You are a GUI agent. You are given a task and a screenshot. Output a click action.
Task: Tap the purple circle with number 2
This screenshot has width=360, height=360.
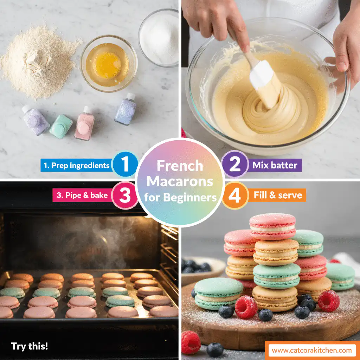[235, 164]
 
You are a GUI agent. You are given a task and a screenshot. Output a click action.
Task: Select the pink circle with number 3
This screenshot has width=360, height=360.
[125, 195]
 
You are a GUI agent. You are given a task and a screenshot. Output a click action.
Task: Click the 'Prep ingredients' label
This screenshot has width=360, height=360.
[76, 165]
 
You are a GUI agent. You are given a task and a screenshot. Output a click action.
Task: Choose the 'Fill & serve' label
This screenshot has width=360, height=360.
[277, 195]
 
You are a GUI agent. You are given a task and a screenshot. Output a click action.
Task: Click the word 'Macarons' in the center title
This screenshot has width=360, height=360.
[180, 181]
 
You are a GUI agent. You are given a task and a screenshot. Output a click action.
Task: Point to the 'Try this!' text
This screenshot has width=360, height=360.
[29, 346]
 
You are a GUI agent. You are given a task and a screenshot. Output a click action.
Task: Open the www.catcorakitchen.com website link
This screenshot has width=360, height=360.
[311, 350]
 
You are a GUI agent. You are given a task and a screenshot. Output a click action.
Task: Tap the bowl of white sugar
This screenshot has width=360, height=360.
[159, 38]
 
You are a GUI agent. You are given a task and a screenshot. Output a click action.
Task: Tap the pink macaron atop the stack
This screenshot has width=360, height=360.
[272, 226]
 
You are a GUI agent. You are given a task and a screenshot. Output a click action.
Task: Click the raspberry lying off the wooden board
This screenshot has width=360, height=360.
[191, 342]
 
